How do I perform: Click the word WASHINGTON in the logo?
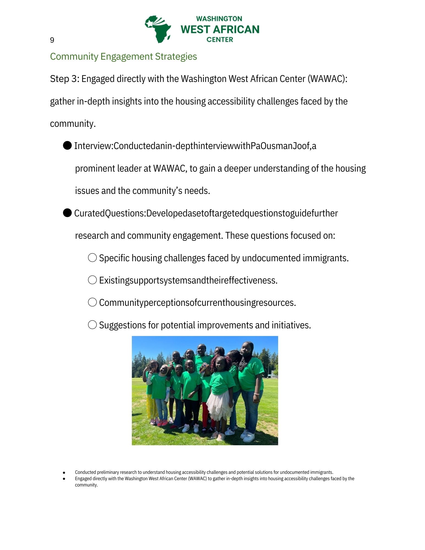[x=219, y=19]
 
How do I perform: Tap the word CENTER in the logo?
[x=220, y=40]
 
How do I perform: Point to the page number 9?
[x=52, y=40]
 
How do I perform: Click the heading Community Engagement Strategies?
[x=123, y=56]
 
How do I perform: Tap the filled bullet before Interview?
[x=67, y=145]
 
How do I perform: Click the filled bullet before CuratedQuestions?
[x=67, y=213]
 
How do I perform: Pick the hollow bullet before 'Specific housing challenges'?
[x=92, y=258]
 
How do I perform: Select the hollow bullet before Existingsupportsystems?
[x=92, y=280]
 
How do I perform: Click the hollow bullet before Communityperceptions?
[x=92, y=302]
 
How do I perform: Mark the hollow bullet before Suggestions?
[x=92, y=325]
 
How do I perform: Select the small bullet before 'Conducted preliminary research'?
[x=64, y=472]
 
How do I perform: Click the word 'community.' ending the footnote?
[x=86, y=485]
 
